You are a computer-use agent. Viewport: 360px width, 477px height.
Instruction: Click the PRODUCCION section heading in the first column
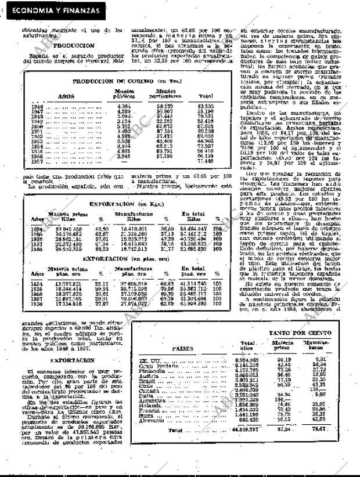(74, 45)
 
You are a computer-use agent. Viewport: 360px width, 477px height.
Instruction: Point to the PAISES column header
(183, 349)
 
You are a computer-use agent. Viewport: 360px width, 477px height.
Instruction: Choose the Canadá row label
(150, 390)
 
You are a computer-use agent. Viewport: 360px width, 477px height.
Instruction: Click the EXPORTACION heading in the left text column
(73, 360)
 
